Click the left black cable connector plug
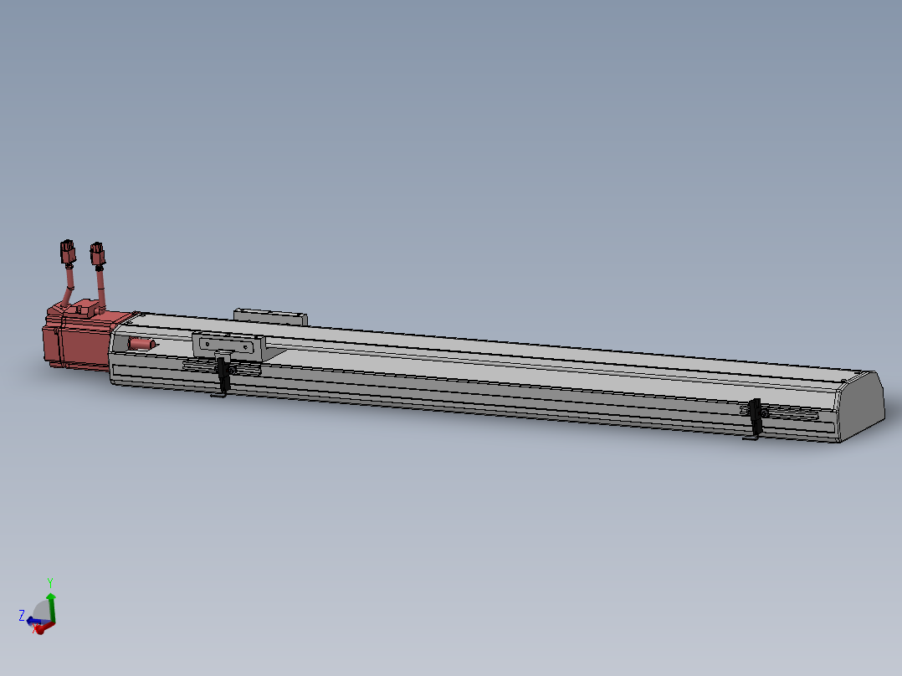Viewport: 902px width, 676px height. point(67,251)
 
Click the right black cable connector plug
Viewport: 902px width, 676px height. point(98,253)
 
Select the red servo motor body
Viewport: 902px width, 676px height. point(75,343)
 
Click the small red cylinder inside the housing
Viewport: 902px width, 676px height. point(141,344)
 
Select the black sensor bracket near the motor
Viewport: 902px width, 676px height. point(223,374)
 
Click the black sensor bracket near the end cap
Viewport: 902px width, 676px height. point(756,418)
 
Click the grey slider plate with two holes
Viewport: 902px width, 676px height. point(228,345)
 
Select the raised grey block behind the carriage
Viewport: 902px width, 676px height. point(269,316)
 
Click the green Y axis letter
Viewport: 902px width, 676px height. point(51,582)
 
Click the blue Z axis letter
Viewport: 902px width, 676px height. point(22,615)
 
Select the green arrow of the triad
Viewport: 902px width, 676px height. point(51,604)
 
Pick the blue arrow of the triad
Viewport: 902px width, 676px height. point(35,621)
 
